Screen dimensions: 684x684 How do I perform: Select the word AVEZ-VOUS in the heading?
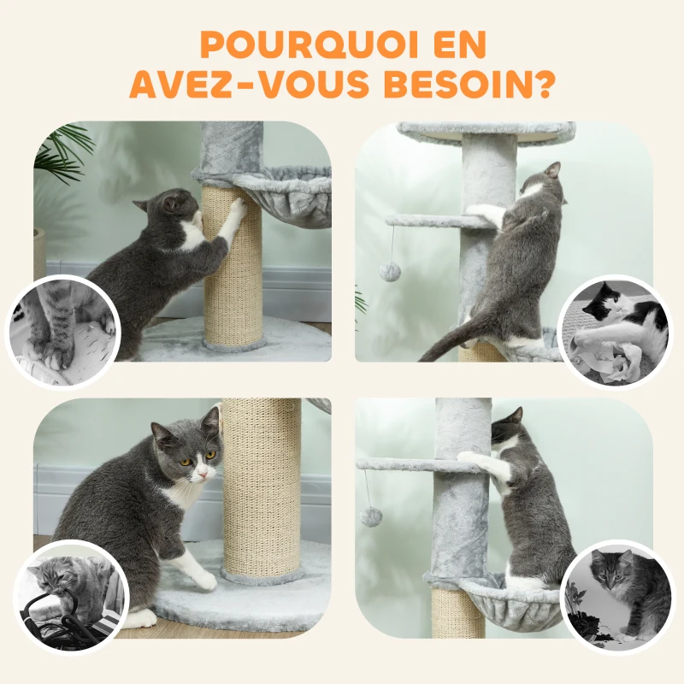click(251, 84)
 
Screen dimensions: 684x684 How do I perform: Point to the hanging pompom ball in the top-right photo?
click(390, 272)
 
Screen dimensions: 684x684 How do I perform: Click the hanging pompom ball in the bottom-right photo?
click(370, 516)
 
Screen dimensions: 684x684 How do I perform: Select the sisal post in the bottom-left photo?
click(261, 487)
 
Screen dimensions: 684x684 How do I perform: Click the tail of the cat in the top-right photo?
click(445, 342)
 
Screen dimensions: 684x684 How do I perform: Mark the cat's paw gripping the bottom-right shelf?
click(468, 457)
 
